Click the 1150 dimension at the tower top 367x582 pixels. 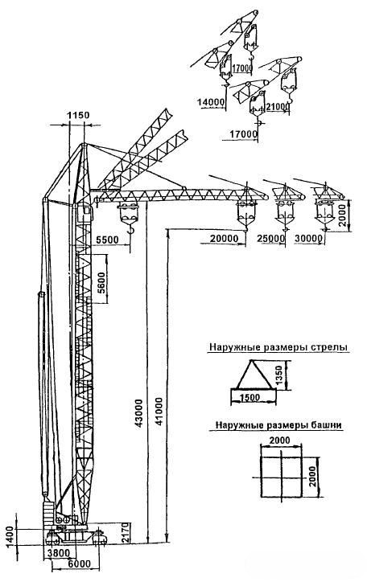click(x=78, y=115)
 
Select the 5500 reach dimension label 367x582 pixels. click(x=107, y=240)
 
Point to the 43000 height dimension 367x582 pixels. click(x=138, y=413)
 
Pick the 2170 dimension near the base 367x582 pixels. click(x=126, y=532)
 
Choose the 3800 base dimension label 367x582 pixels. click(x=57, y=553)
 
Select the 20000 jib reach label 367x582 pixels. click(x=224, y=239)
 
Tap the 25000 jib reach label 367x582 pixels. click(x=270, y=239)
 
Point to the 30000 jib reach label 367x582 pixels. click(x=308, y=239)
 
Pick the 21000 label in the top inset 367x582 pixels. click(x=278, y=107)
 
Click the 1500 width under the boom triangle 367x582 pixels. click(x=249, y=398)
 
